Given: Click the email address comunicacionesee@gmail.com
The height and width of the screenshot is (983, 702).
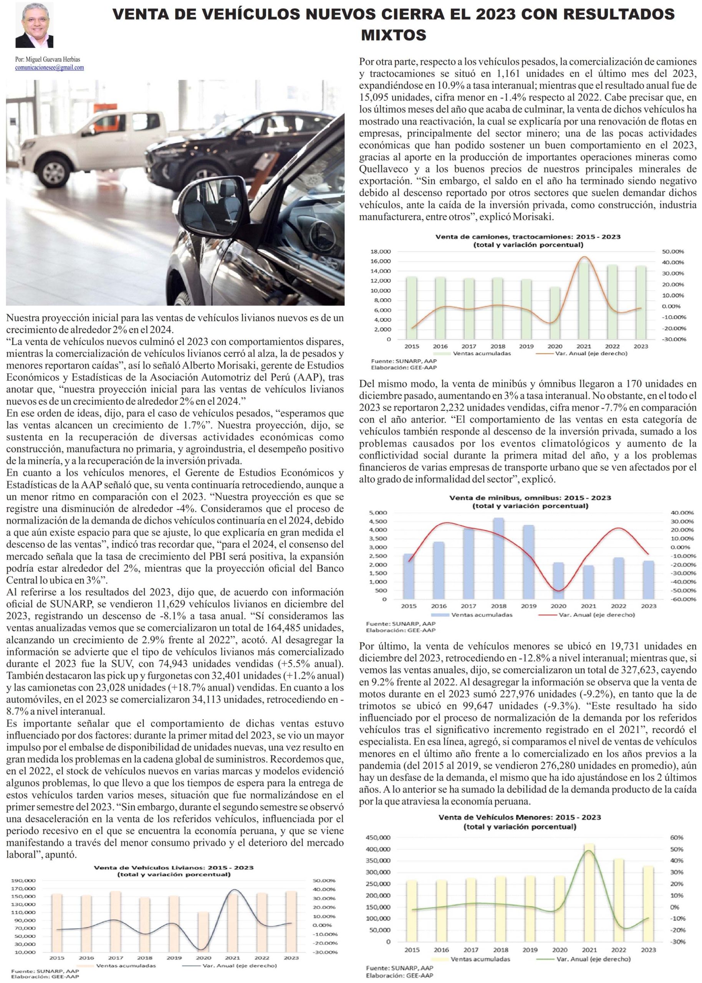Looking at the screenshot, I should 49,68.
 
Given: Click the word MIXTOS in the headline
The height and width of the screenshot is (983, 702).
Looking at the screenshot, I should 393,35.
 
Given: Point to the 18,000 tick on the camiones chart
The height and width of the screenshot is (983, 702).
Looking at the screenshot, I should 381,252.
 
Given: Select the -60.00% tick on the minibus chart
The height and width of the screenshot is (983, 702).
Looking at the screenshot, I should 683,599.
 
